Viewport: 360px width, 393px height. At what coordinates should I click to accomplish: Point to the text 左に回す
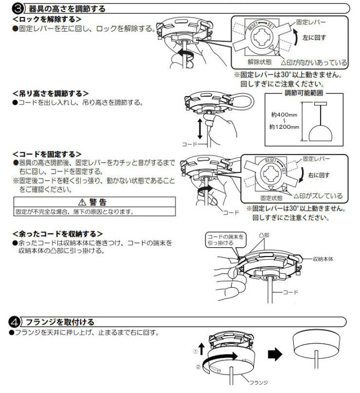[316, 38]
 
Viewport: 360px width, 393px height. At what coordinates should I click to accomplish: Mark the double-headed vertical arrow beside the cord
[200, 129]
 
